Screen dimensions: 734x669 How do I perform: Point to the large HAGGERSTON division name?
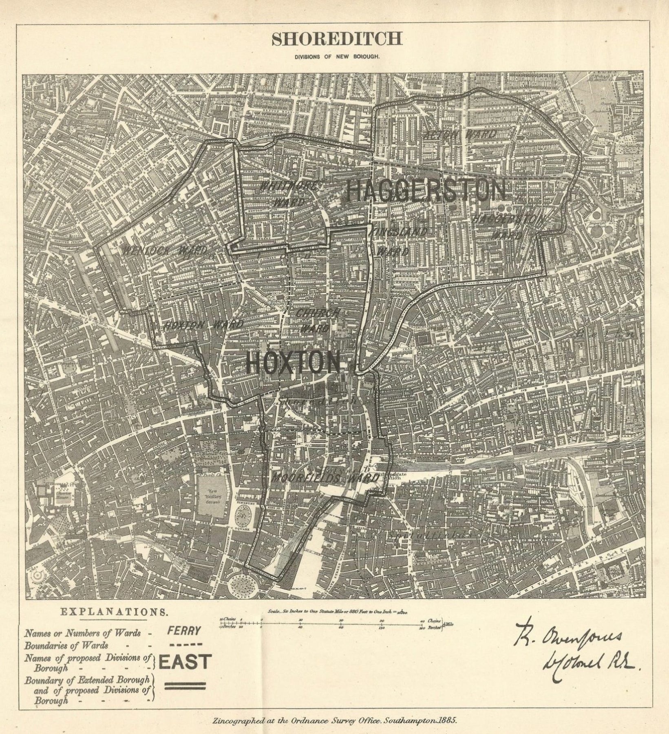426,191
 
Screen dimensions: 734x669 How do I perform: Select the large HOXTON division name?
293,363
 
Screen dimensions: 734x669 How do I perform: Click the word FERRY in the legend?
184,632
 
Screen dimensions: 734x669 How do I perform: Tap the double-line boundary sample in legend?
184,686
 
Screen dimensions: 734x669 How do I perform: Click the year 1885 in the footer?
447,720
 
